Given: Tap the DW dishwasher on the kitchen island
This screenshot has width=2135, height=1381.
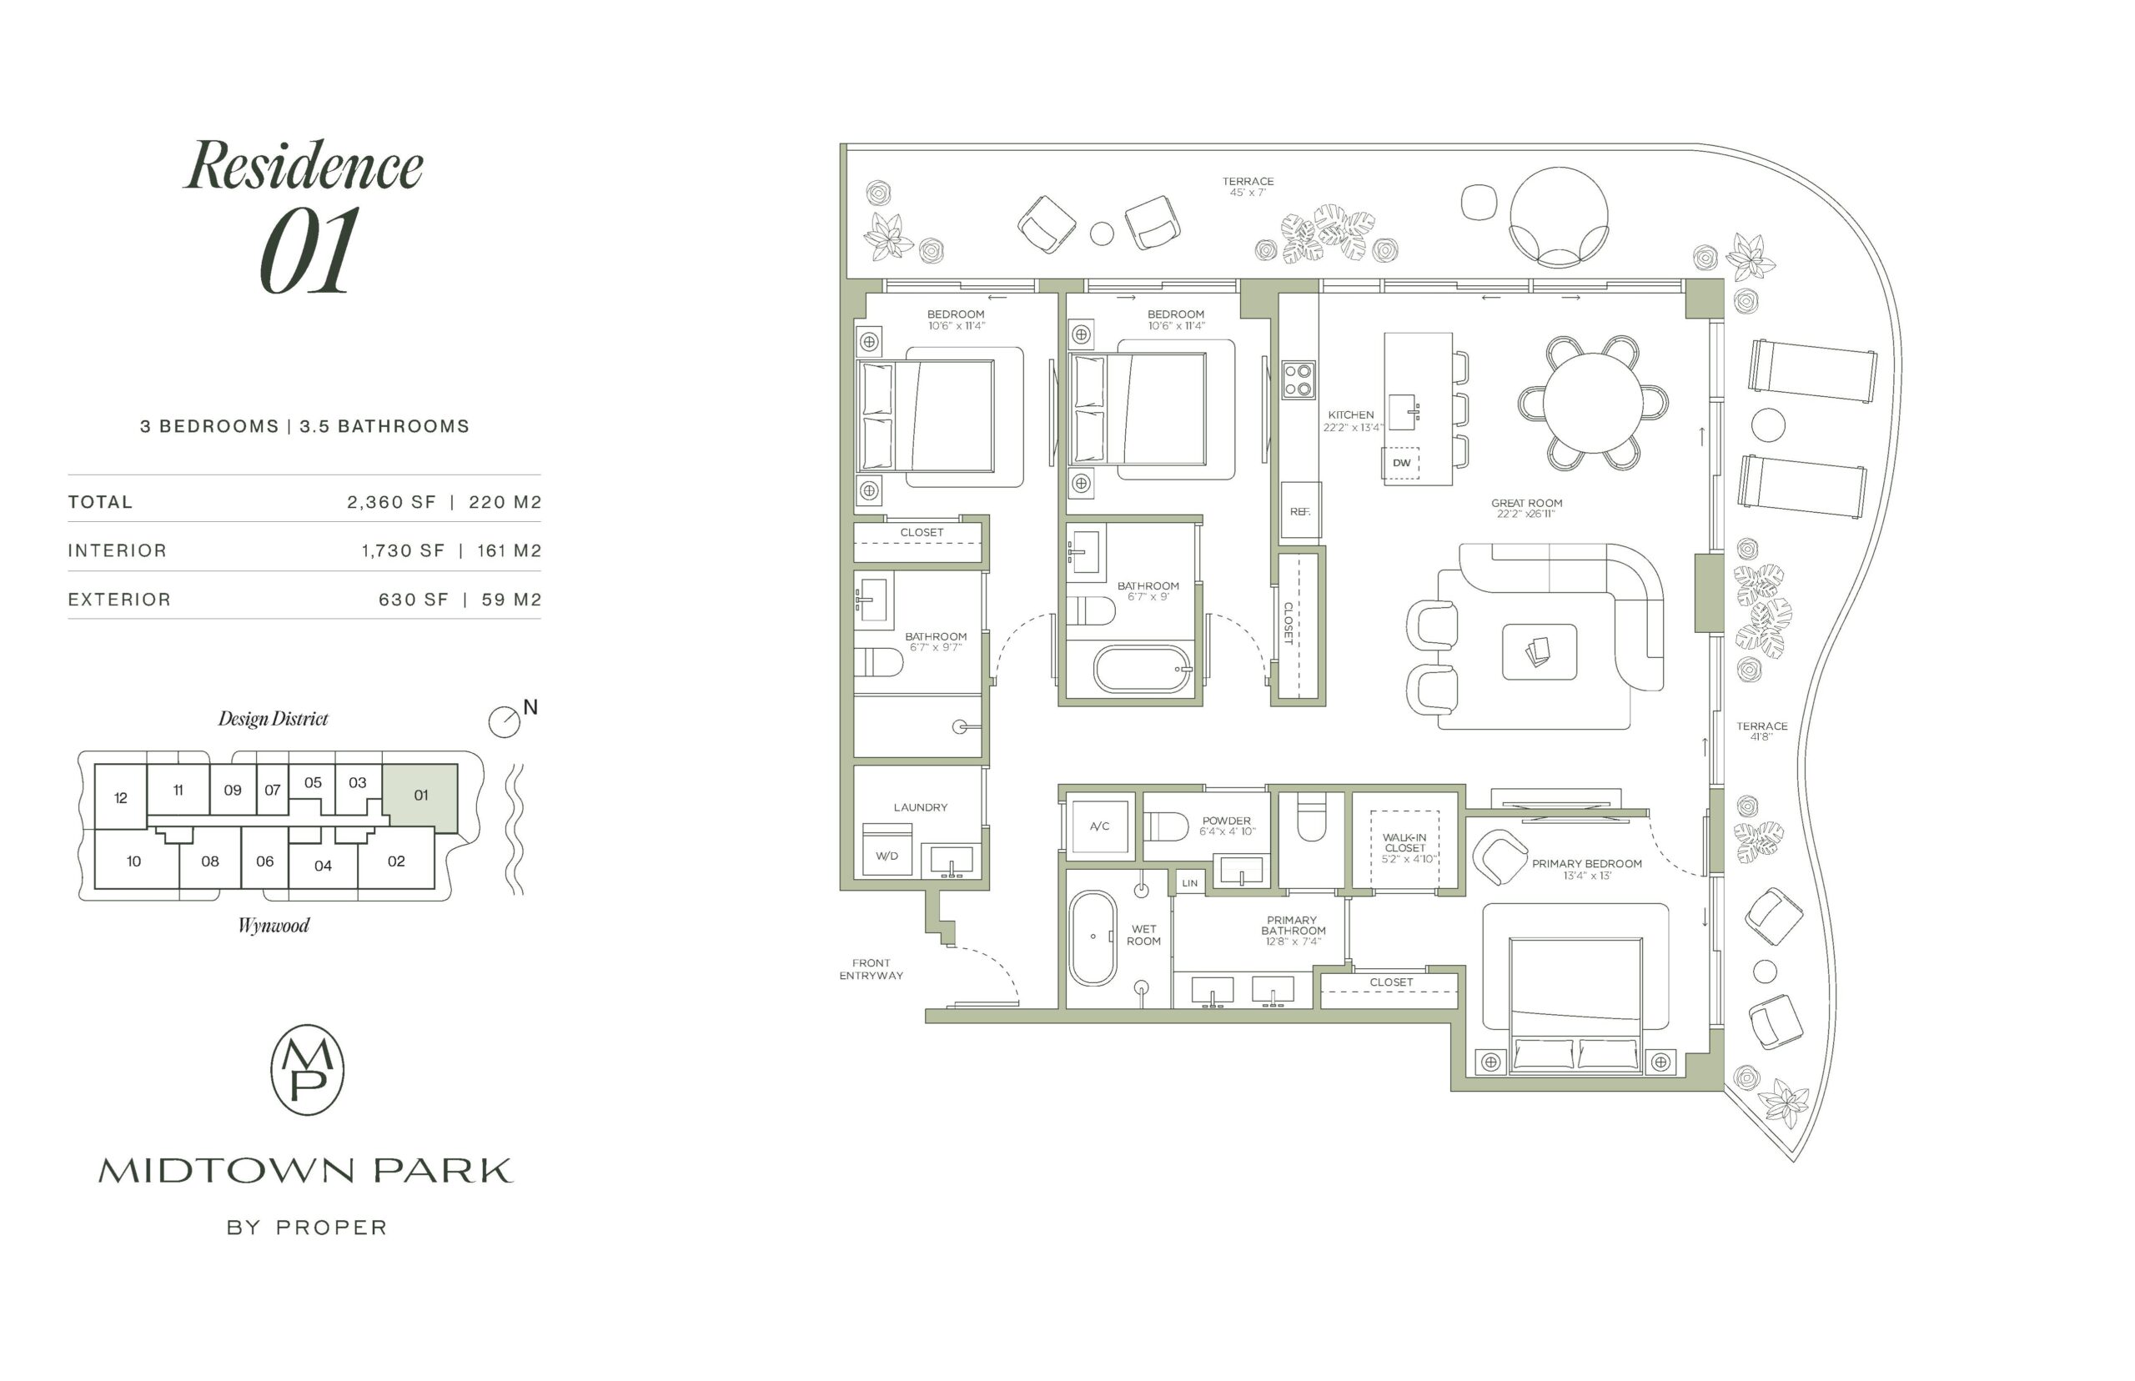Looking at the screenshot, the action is [1400, 463].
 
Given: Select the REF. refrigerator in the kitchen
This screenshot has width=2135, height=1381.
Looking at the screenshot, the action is [1300, 510].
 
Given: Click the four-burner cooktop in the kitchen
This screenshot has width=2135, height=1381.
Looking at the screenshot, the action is [1299, 380].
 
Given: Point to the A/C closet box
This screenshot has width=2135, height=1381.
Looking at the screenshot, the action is [1099, 826].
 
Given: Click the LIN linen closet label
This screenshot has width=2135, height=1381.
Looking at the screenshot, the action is [1190, 883].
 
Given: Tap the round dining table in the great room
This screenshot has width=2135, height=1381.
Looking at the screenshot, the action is [1593, 403].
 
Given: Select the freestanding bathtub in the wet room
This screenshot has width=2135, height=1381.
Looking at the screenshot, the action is [1093, 938].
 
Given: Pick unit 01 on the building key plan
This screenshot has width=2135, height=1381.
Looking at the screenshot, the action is [420, 796].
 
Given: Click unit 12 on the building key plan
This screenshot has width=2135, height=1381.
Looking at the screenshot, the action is [121, 797].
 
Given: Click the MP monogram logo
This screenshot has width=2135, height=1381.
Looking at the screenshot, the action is [308, 1070].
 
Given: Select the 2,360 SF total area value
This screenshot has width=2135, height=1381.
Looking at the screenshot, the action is [391, 502].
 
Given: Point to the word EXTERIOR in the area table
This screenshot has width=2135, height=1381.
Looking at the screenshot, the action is [119, 599].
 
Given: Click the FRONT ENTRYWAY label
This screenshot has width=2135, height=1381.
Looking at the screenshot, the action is [871, 968].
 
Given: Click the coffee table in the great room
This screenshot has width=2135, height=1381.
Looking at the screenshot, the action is [1539, 652].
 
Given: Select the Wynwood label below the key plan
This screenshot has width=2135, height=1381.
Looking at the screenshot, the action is [274, 926].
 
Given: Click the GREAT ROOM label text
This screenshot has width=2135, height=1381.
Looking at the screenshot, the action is [1526, 503].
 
